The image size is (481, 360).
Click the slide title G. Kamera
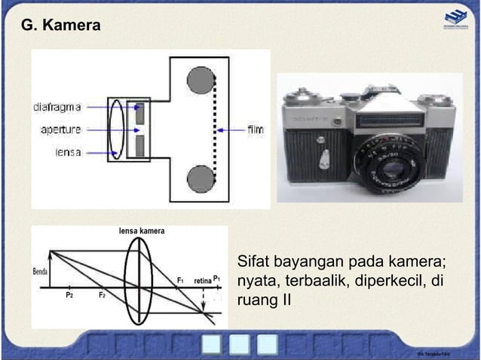pos(60,26)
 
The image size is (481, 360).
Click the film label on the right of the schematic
pos(256,130)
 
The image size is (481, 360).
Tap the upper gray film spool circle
pos(201,78)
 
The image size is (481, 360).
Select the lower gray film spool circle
pos(201,178)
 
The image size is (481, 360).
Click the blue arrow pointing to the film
pos(229,130)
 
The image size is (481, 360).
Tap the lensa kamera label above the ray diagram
pos(141,230)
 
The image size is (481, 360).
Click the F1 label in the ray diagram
pos(180,280)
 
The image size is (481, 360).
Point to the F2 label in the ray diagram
pos(102,296)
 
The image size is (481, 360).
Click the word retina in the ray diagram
pos(202,280)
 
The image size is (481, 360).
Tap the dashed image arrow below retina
pos(204,300)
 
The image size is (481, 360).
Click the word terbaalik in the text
pos(315,281)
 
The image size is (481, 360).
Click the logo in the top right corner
pos(455,18)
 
